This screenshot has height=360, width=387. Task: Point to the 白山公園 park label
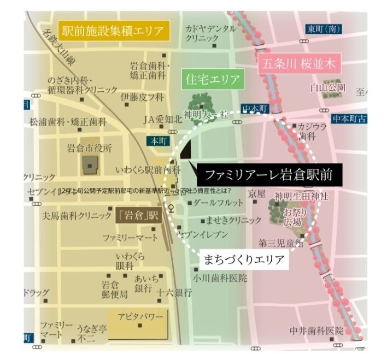click(327, 87)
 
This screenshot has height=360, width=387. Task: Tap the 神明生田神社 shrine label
click(302, 196)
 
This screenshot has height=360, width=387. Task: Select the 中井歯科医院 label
click(317, 331)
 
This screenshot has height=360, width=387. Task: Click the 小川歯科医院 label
click(219, 278)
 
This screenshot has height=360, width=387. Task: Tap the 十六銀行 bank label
click(174, 293)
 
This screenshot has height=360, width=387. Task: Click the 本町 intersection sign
click(158, 140)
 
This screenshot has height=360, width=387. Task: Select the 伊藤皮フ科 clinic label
click(142, 97)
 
